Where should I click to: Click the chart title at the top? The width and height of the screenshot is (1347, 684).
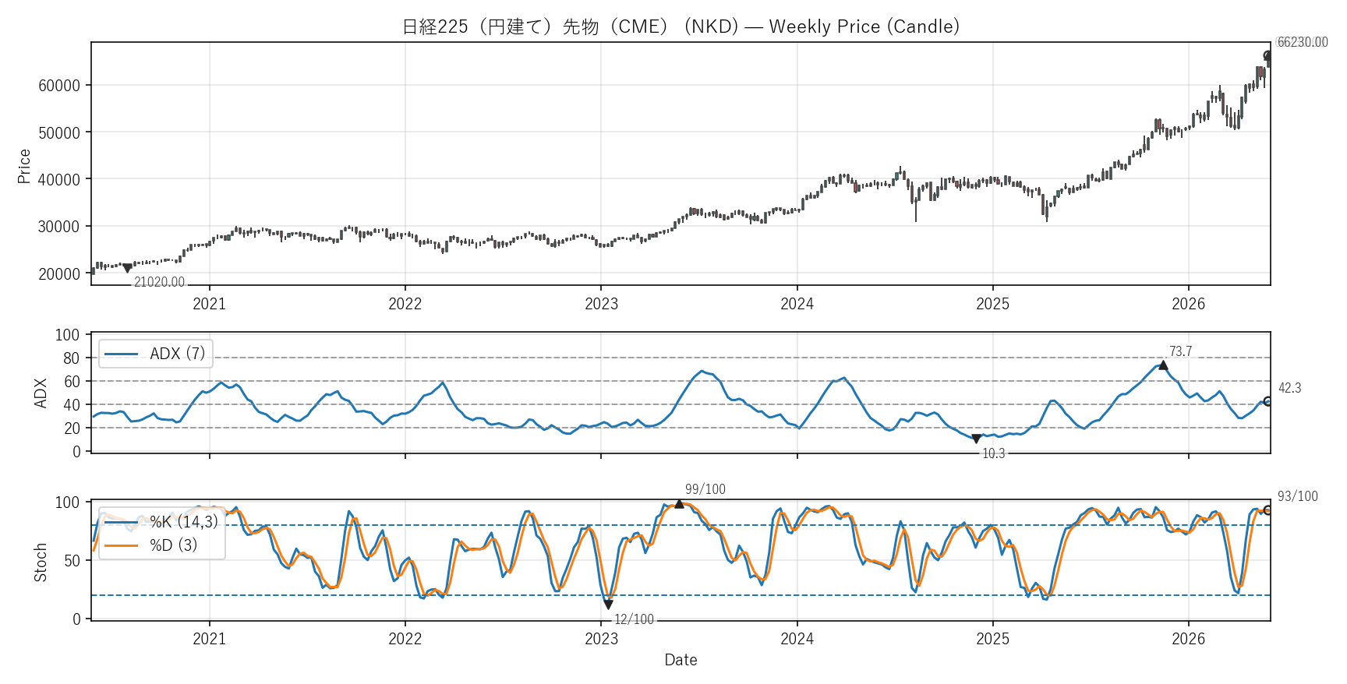point(681,26)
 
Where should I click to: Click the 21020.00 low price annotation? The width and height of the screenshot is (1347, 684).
point(159,282)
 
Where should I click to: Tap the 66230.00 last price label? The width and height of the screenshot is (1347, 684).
point(1303,42)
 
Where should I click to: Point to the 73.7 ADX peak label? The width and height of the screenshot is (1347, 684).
point(1180,351)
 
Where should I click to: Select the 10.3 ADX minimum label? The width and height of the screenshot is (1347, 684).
point(993,453)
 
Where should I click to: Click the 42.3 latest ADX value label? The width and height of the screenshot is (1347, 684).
point(1289,388)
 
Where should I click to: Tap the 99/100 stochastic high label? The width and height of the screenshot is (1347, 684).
point(705,489)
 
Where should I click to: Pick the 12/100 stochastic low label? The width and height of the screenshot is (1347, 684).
point(634,619)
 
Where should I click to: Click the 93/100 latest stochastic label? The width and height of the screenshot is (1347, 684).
point(1298,496)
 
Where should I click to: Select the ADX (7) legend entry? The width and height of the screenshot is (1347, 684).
point(155,354)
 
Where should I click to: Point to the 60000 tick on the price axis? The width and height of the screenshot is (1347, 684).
point(59,86)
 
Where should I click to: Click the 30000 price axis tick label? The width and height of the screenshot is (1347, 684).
point(59,227)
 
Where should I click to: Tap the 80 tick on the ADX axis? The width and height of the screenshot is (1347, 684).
point(72,358)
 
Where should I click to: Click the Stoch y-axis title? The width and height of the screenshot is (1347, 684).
point(41,562)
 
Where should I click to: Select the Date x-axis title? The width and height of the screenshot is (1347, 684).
point(681,660)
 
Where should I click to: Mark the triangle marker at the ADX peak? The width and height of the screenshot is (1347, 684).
point(1163,365)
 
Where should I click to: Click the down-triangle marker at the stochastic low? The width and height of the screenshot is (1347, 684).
point(608,605)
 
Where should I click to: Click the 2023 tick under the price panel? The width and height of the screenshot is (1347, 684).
point(601,304)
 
